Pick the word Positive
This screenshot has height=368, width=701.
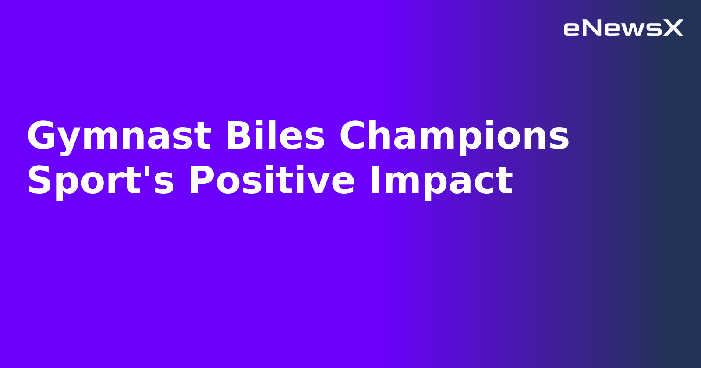tap(272, 181)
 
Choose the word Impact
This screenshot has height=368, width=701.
tap(441, 181)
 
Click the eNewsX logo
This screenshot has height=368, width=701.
tap(623, 28)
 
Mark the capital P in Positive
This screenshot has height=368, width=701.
tap(201, 181)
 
